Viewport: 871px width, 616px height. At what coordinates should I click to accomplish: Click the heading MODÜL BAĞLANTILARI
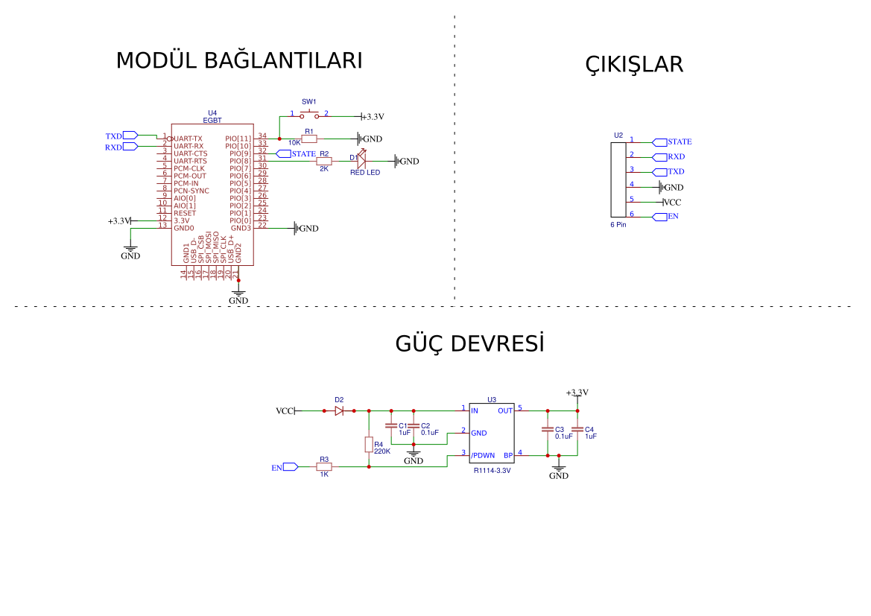(x=238, y=61)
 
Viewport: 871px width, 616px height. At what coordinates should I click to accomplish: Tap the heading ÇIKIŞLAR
(x=634, y=65)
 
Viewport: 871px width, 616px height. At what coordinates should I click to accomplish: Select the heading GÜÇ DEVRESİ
(x=469, y=344)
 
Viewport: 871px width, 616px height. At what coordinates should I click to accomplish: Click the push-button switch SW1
(x=309, y=115)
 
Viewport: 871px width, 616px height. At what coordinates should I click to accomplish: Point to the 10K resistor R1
(x=309, y=139)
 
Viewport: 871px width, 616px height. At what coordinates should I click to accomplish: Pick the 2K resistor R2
(x=324, y=161)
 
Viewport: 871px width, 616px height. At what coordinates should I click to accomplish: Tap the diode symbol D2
(x=339, y=410)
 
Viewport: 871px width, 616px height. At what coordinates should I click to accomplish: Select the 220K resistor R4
(x=369, y=444)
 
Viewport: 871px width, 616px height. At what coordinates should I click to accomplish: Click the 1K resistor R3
(x=324, y=466)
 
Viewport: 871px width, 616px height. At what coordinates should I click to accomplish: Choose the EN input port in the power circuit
(x=285, y=467)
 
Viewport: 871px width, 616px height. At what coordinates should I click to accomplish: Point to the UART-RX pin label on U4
(x=188, y=146)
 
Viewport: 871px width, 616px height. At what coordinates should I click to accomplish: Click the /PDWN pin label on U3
(x=483, y=455)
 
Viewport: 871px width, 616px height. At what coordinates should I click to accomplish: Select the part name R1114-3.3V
(x=492, y=471)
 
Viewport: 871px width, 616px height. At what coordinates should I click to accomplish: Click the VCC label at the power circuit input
(x=285, y=411)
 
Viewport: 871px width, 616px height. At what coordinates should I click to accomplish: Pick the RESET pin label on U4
(x=185, y=213)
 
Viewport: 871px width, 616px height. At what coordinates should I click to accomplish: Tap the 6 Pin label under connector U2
(x=618, y=224)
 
